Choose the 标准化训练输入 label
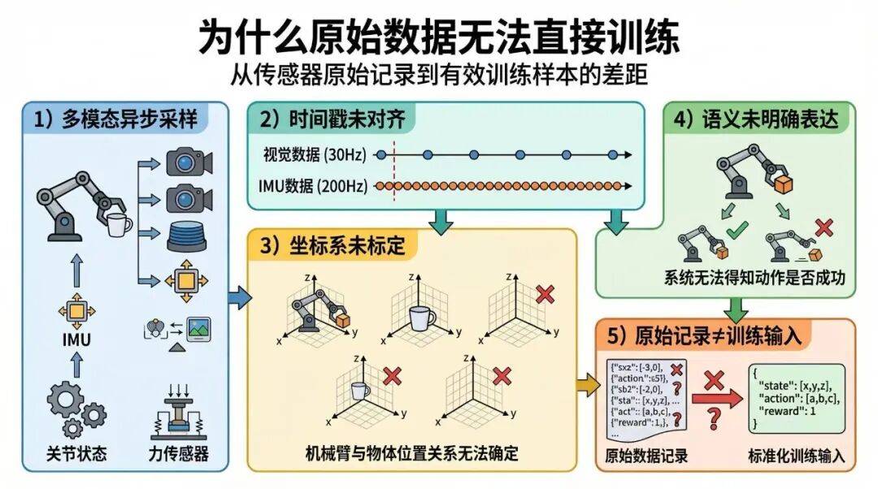(797, 456)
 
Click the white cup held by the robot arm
(120, 223)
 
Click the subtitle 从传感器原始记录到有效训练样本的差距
(439, 76)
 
